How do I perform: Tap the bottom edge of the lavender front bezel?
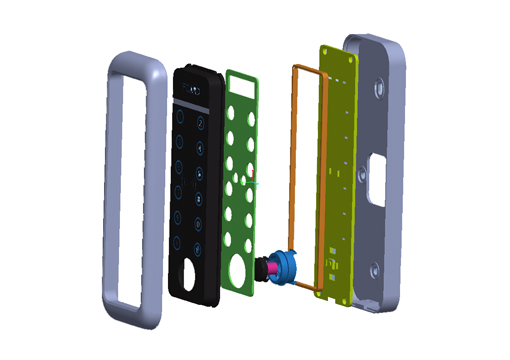(130, 312)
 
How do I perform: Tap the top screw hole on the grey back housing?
(381, 88)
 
